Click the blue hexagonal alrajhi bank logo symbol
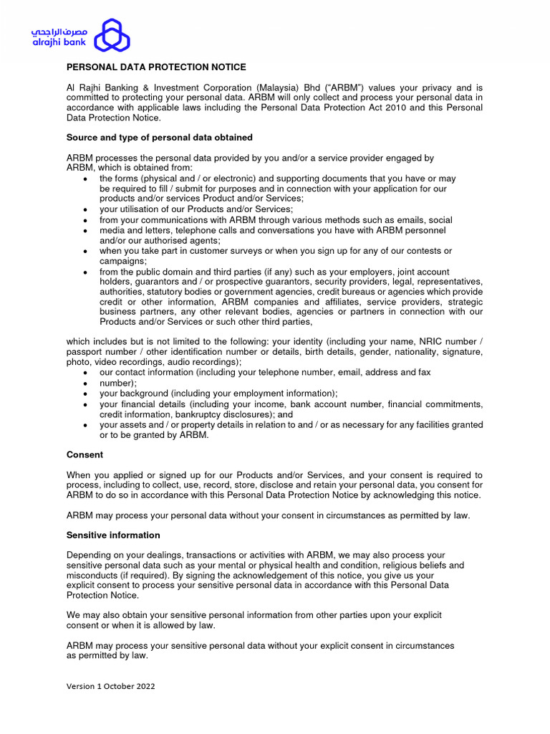112,36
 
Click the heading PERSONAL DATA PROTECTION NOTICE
156,67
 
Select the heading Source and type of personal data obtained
159,137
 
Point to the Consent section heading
85,454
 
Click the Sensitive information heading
113,535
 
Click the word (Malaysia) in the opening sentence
276,87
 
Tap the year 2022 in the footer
143,686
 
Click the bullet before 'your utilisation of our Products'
86,209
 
